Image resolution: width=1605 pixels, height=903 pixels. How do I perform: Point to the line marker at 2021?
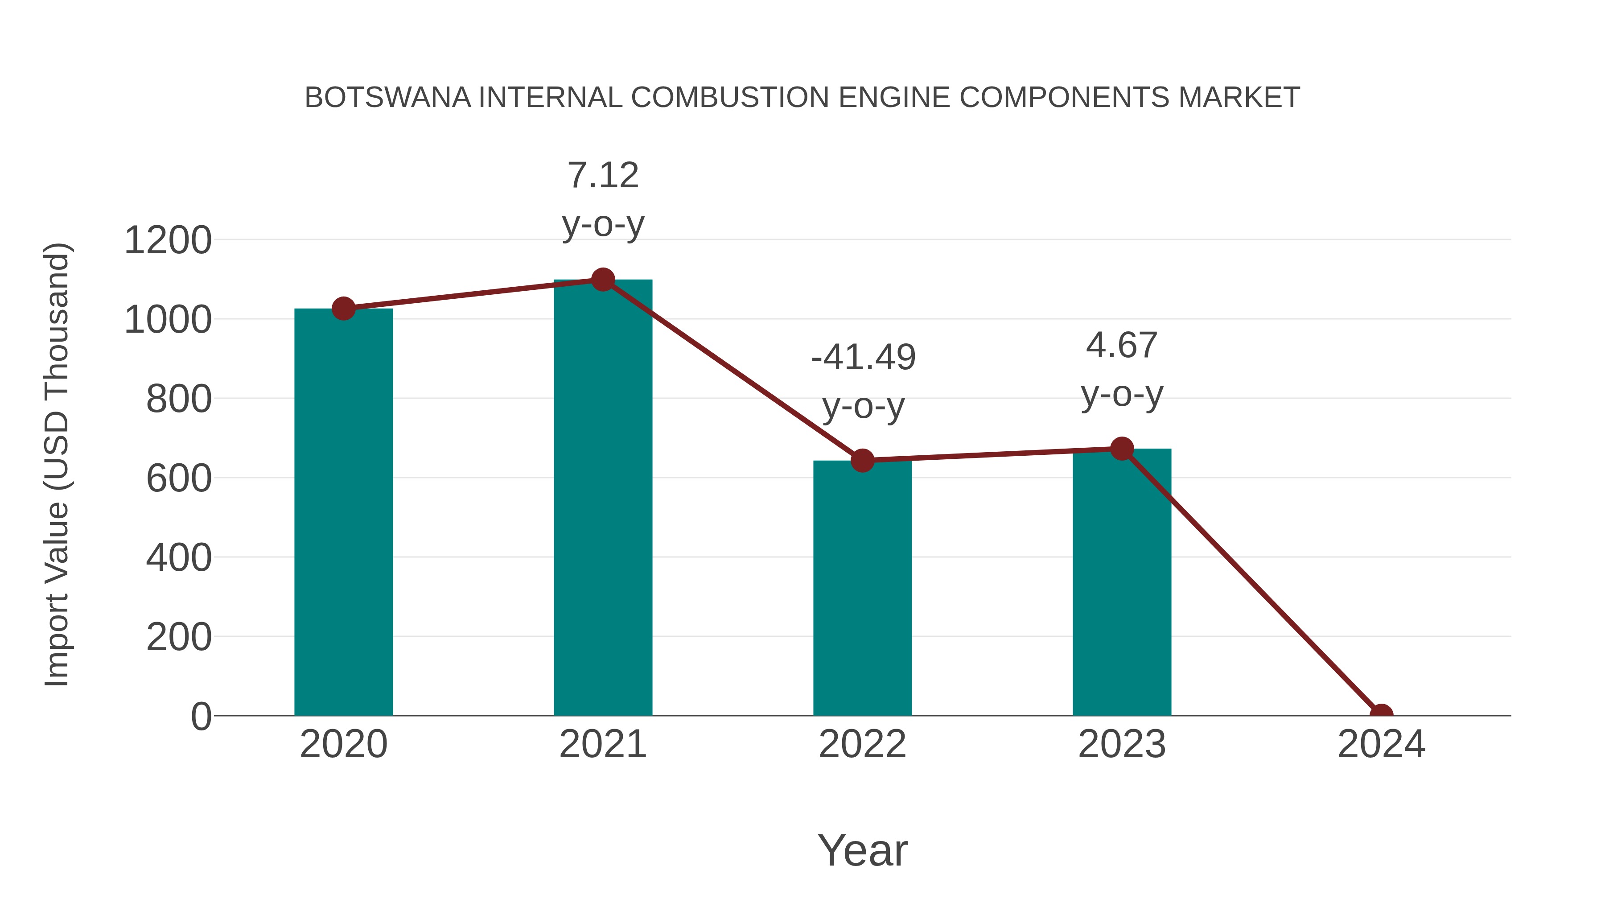(602, 280)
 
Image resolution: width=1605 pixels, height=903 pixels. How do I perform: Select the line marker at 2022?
(862, 461)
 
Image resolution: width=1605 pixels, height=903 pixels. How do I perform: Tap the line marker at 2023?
(1122, 449)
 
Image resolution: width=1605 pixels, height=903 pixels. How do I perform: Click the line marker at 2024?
(1381, 714)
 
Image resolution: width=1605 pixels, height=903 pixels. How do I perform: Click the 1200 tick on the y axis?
(168, 240)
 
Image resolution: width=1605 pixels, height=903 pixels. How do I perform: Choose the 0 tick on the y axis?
(201, 717)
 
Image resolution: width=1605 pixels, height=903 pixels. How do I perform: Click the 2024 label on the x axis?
(1381, 744)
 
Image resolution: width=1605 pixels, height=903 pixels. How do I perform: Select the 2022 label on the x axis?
(862, 744)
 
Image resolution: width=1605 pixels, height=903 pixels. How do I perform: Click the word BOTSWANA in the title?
(387, 98)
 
